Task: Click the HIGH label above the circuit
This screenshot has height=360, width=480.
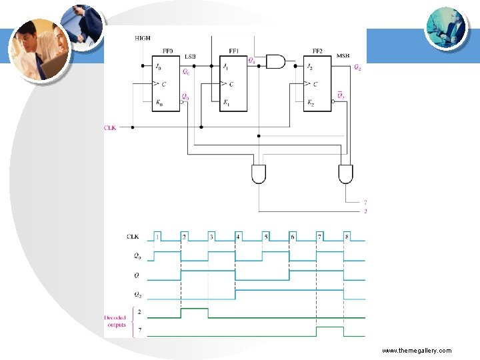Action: pyautogui.click(x=143, y=39)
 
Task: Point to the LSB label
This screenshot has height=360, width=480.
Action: pyautogui.click(x=191, y=56)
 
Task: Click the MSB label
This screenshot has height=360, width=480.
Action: pyautogui.click(x=343, y=56)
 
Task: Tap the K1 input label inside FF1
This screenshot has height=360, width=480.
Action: pyautogui.click(x=227, y=103)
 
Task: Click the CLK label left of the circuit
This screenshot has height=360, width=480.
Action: pyautogui.click(x=110, y=127)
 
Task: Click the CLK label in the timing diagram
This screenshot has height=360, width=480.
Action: pyautogui.click(x=133, y=237)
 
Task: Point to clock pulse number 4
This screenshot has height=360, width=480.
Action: pyautogui.click(x=238, y=237)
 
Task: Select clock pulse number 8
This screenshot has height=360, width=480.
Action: pyautogui.click(x=347, y=237)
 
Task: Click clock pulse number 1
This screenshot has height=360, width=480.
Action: pyautogui.click(x=157, y=237)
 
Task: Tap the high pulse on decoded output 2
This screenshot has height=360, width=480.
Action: pyautogui.click(x=194, y=310)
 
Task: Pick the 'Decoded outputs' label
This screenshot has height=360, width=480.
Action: pyautogui.click(x=115, y=321)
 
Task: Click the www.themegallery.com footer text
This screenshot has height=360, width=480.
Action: pyautogui.click(x=417, y=351)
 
